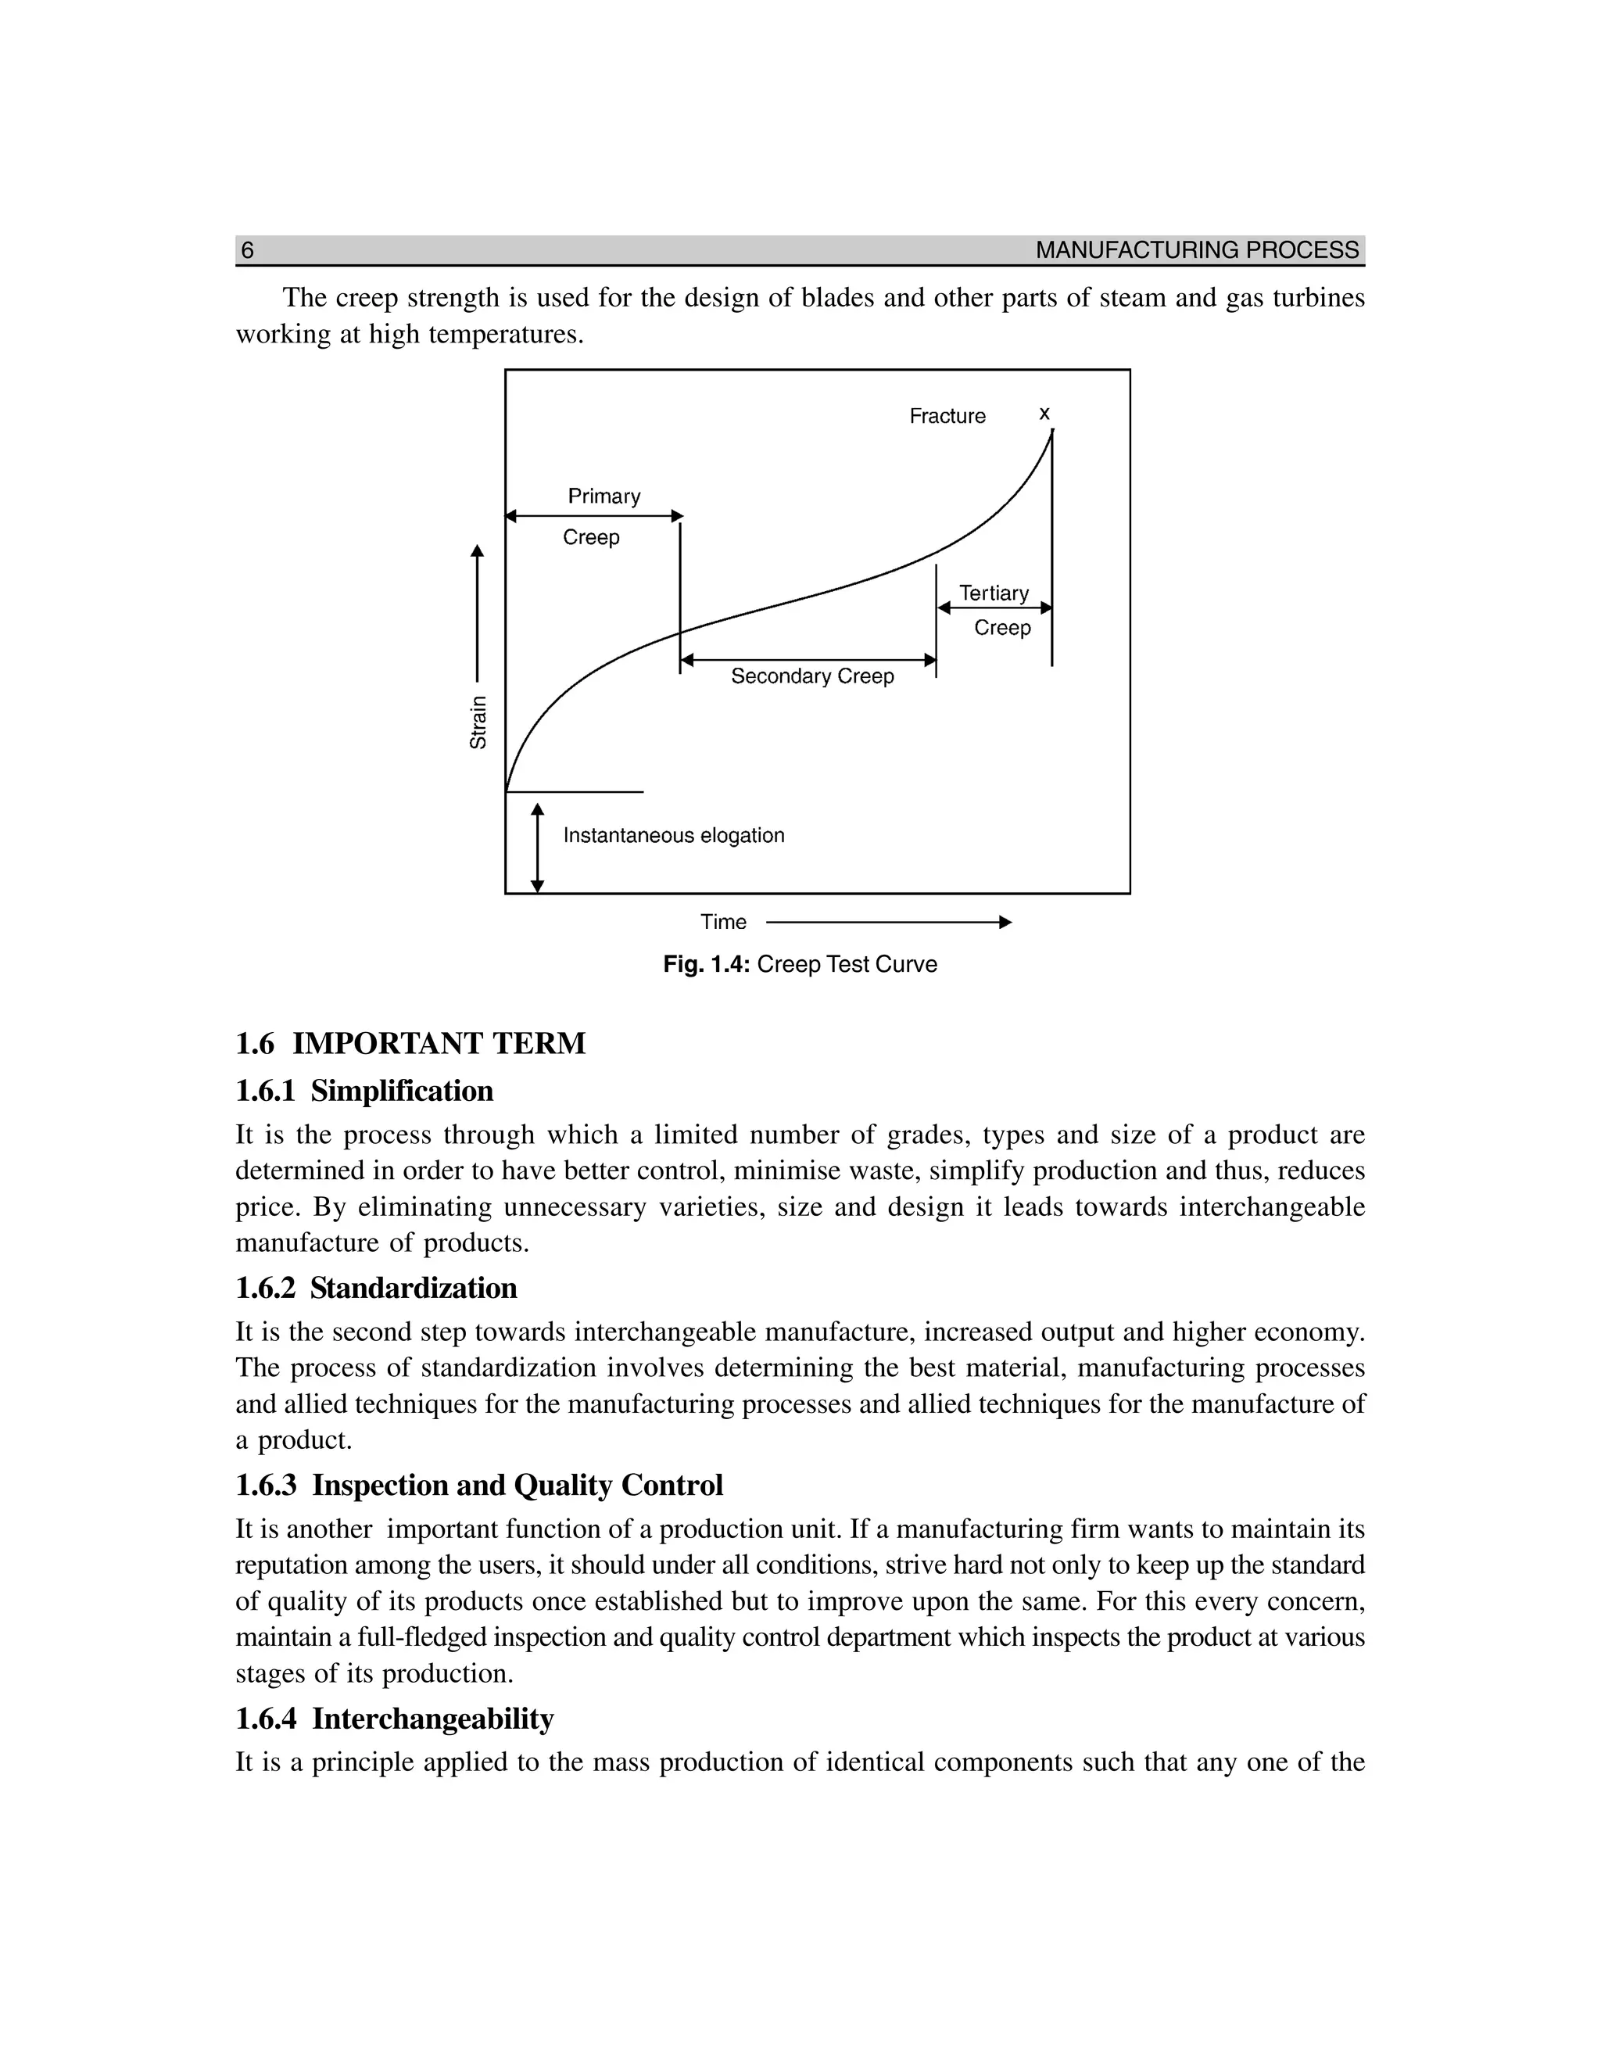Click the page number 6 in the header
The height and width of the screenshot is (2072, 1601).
point(248,250)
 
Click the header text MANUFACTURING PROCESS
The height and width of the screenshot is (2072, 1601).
point(1197,250)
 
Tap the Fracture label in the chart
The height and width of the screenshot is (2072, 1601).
point(947,417)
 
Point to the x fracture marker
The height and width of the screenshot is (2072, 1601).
point(1044,414)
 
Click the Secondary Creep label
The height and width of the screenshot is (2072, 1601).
point(812,676)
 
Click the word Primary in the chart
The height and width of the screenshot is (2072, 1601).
point(604,496)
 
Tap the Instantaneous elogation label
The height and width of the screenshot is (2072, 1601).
point(673,836)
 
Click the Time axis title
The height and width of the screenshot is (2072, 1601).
point(723,922)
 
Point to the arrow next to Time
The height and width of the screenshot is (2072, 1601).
point(888,922)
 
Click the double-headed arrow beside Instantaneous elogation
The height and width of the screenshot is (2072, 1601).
point(538,848)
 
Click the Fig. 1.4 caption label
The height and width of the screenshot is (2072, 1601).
point(707,965)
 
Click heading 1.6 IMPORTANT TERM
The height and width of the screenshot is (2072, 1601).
point(410,1044)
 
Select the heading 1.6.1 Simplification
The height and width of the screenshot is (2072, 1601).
point(364,1091)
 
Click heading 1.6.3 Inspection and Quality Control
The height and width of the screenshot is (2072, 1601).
point(479,1486)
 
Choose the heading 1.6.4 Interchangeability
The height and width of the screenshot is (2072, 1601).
point(395,1719)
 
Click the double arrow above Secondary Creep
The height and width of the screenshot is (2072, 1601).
point(808,659)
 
